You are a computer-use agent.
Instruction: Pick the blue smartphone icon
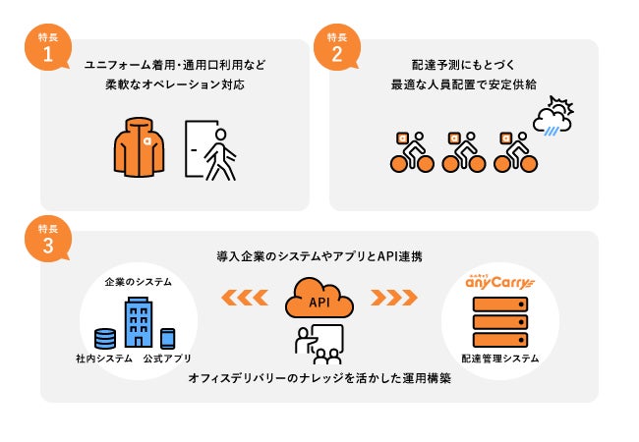pyautogui.click(x=167, y=337)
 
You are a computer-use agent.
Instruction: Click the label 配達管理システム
pyautogui.click(x=500, y=359)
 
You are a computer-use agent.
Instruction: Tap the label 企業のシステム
pyautogui.click(x=139, y=282)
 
